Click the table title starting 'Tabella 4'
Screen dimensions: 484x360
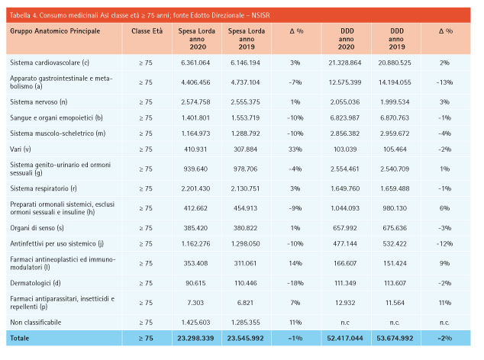pyautogui.click(x=140, y=15)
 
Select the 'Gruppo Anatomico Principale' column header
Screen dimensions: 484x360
pyautogui.click(x=55, y=31)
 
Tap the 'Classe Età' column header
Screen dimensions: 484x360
pyautogui.click(x=147, y=31)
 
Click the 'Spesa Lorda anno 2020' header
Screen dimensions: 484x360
pyautogui.click(x=197, y=39)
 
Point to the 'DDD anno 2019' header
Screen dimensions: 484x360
pyautogui.click(x=396, y=39)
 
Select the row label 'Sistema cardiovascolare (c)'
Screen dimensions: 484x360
pyautogui.click(x=50, y=63)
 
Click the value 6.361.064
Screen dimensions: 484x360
pyautogui.click(x=195, y=63)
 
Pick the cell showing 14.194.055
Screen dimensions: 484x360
pyautogui.click(x=395, y=82)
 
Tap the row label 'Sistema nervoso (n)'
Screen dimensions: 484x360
pyautogui.click(x=39, y=101)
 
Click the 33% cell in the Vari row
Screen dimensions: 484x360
pyautogui.click(x=295, y=149)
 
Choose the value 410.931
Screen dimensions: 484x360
pyautogui.click(x=195, y=149)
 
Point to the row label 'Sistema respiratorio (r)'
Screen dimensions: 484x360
pyautogui.click(x=44, y=188)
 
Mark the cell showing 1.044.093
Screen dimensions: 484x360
pyautogui.click(x=345, y=208)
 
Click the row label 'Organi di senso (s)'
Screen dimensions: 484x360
pyautogui.click(x=37, y=228)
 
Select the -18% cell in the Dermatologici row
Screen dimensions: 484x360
pyautogui.click(x=295, y=283)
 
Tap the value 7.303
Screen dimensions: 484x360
pyautogui.click(x=195, y=303)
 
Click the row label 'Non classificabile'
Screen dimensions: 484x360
pyautogui.click(x=36, y=323)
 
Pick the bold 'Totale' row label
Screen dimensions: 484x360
pyautogui.click(x=19, y=338)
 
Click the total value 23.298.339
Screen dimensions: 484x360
pyautogui.click(x=195, y=339)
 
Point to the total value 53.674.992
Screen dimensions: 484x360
pyautogui.click(x=395, y=339)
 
